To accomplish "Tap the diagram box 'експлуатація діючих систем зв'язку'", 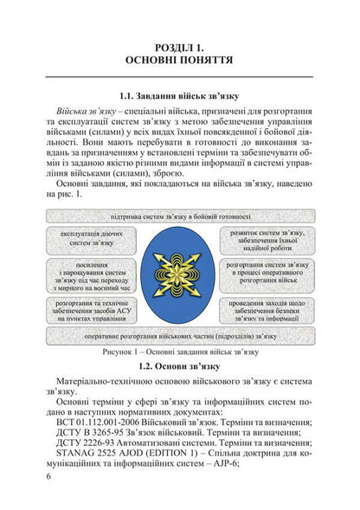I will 90,238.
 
